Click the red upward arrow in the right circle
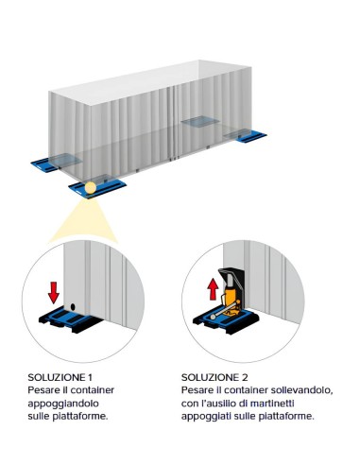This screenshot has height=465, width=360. point(214,280)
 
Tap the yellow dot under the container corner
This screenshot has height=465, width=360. point(90,188)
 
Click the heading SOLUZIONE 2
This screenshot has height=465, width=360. point(214,375)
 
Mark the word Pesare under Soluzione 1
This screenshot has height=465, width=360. point(43,388)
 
